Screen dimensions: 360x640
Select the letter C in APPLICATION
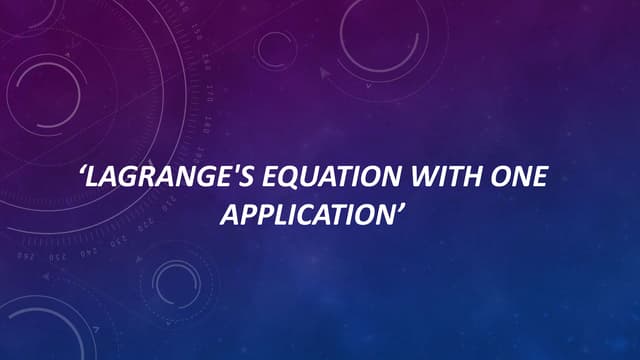click(319, 213)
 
